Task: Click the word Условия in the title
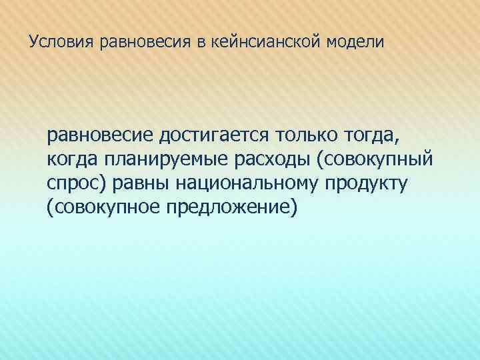62,42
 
